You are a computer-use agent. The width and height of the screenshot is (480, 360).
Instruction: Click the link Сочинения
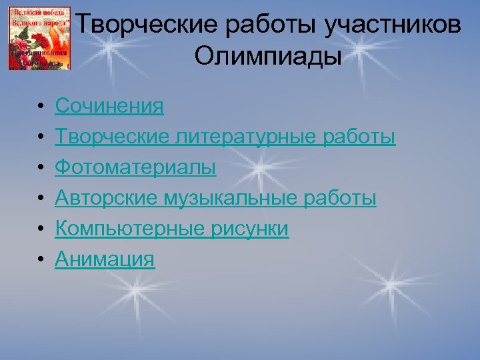pos(109,105)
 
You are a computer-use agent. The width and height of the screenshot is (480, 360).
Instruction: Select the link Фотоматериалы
pos(135,167)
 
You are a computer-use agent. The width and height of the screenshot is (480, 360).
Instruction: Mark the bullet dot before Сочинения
pos(41,107)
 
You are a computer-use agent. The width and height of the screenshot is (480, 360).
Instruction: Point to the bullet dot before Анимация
pos(41,259)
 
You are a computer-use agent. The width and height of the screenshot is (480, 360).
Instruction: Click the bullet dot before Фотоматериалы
pos(41,168)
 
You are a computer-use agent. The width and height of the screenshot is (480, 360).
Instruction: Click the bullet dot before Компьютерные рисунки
pos(41,229)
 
